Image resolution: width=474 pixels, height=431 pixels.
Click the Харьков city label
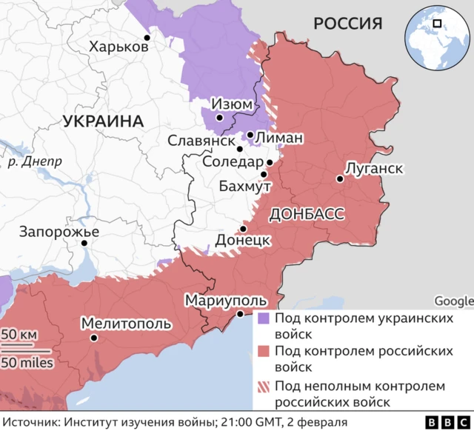point(118,47)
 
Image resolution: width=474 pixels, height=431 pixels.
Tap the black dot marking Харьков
point(147,37)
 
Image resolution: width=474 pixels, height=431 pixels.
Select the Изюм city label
point(231,104)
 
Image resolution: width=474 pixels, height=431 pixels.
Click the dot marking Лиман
point(250,136)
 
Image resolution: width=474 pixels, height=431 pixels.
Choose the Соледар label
point(232,162)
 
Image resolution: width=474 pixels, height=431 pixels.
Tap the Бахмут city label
point(244,186)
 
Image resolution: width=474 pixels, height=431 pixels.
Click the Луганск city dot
point(339,178)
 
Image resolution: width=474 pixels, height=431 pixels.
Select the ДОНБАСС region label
point(307,214)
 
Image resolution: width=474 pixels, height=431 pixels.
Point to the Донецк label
point(242,241)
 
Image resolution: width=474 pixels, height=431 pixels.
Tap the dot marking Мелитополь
point(94,338)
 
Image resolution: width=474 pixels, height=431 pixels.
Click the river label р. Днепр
point(35,160)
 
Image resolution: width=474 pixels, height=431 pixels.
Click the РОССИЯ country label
point(347,24)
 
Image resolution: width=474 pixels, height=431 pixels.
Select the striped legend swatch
point(264,387)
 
